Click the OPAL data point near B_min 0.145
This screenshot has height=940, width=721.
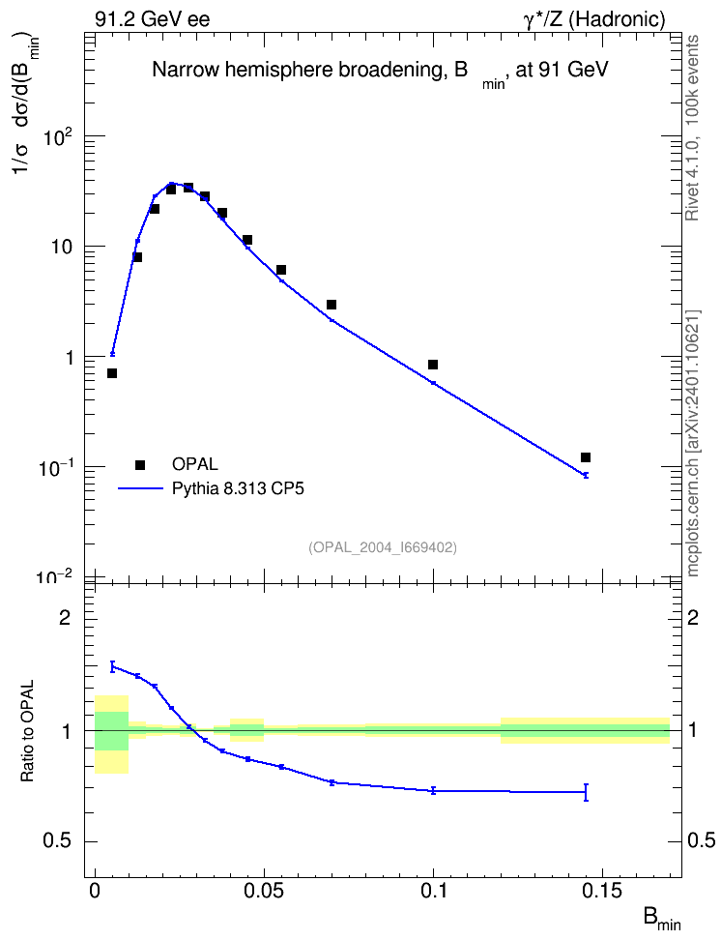click(586, 457)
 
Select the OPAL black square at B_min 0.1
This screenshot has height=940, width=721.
click(433, 365)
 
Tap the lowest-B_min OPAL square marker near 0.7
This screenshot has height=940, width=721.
click(112, 373)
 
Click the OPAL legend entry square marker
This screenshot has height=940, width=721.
click(140, 464)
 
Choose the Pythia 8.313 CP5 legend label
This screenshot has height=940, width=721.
click(238, 488)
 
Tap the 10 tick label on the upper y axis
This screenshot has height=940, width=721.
click(62, 247)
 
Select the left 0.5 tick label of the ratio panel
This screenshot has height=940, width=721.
click(58, 841)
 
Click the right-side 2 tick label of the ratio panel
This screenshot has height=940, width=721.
click(693, 617)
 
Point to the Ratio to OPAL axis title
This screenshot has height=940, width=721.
click(27, 731)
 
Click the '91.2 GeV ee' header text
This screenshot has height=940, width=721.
click(153, 19)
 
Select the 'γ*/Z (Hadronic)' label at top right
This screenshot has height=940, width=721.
click(594, 19)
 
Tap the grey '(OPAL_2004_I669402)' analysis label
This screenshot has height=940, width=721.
click(383, 547)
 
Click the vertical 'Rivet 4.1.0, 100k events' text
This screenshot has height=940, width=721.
click(692, 128)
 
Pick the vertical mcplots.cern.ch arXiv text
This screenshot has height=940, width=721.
click(692, 443)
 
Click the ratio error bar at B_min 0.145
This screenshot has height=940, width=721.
click(586, 792)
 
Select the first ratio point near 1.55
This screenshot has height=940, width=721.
click(112, 666)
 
